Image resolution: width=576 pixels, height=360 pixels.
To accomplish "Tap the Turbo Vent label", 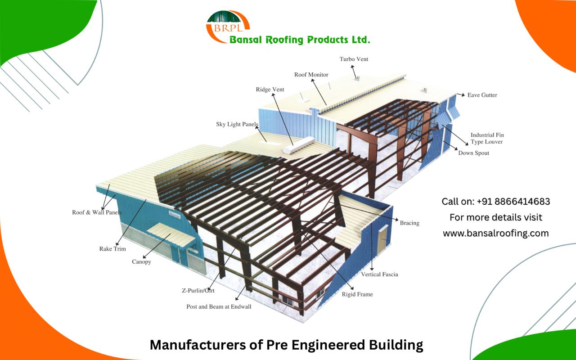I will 354,59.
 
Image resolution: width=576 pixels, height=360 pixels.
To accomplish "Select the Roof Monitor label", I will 311,75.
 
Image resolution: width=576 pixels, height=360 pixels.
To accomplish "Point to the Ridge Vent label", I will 270,90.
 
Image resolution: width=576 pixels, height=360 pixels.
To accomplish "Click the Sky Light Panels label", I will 237,124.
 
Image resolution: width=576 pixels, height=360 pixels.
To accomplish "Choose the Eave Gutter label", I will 482,95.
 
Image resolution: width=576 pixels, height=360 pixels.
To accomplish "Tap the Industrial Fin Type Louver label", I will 486,138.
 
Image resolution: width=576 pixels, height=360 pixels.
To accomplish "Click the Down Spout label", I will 473,153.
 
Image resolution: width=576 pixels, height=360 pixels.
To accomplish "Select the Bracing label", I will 409,223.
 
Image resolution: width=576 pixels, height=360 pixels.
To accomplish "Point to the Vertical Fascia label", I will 379,274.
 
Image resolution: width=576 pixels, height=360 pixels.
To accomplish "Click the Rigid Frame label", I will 357,294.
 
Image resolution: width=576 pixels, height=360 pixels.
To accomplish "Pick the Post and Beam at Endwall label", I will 219,306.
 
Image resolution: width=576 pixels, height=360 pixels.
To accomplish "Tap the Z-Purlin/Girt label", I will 195,291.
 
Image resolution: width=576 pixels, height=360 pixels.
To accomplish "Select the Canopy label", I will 141,261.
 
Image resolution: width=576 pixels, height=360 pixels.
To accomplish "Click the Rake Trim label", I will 112,248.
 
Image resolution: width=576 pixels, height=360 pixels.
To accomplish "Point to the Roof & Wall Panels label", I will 97,212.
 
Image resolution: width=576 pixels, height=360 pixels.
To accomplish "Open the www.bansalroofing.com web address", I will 495,233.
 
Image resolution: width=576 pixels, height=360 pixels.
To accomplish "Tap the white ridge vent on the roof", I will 293,145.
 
